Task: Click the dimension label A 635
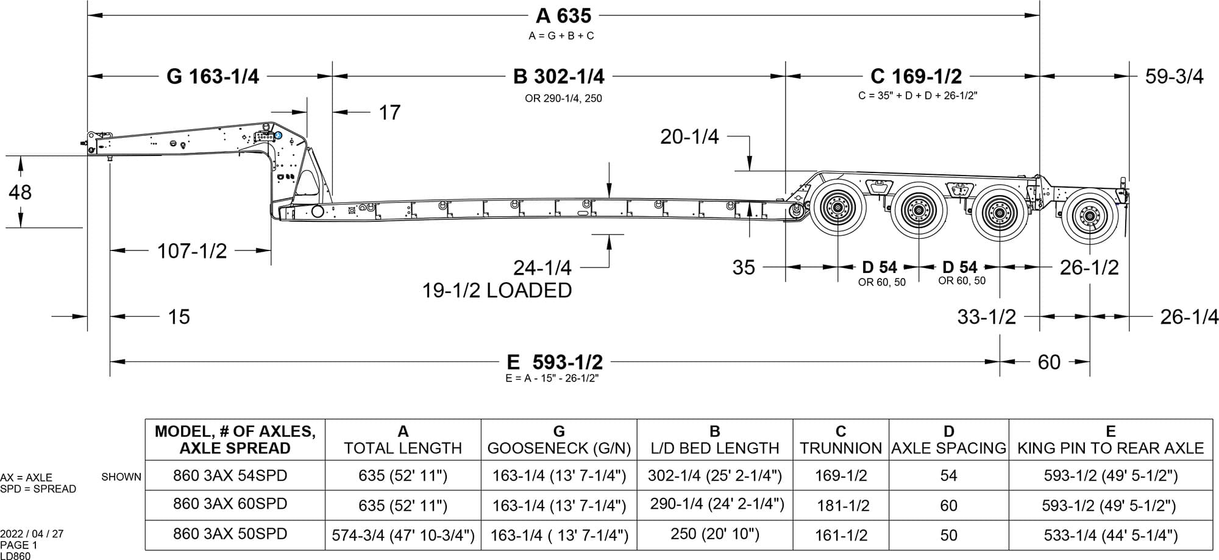click(x=563, y=15)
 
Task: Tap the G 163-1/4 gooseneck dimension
click(x=213, y=76)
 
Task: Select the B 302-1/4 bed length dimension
click(x=559, y=76)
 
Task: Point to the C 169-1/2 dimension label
click(x=916, y=76)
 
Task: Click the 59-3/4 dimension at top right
click(x=1175, y=77)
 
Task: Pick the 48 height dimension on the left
click(x=20, y=192)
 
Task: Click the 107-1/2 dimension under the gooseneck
click(x=192, y=250)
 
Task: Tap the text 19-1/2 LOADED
click(x=497, y=290)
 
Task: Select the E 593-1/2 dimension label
click(x=555, y=362)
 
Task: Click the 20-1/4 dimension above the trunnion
click(x=689, y=136)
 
